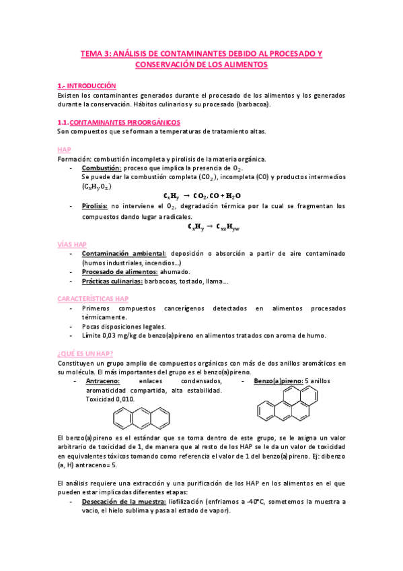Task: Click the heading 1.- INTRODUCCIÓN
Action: point(87,86)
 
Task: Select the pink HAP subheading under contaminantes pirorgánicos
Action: point(65,149)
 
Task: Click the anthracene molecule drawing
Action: point(141,419)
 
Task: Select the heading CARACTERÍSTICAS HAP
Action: point(94,298)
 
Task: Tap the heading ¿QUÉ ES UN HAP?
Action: point(85,353)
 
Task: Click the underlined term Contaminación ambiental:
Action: point(124,253)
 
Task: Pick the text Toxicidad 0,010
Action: point(110,399)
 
